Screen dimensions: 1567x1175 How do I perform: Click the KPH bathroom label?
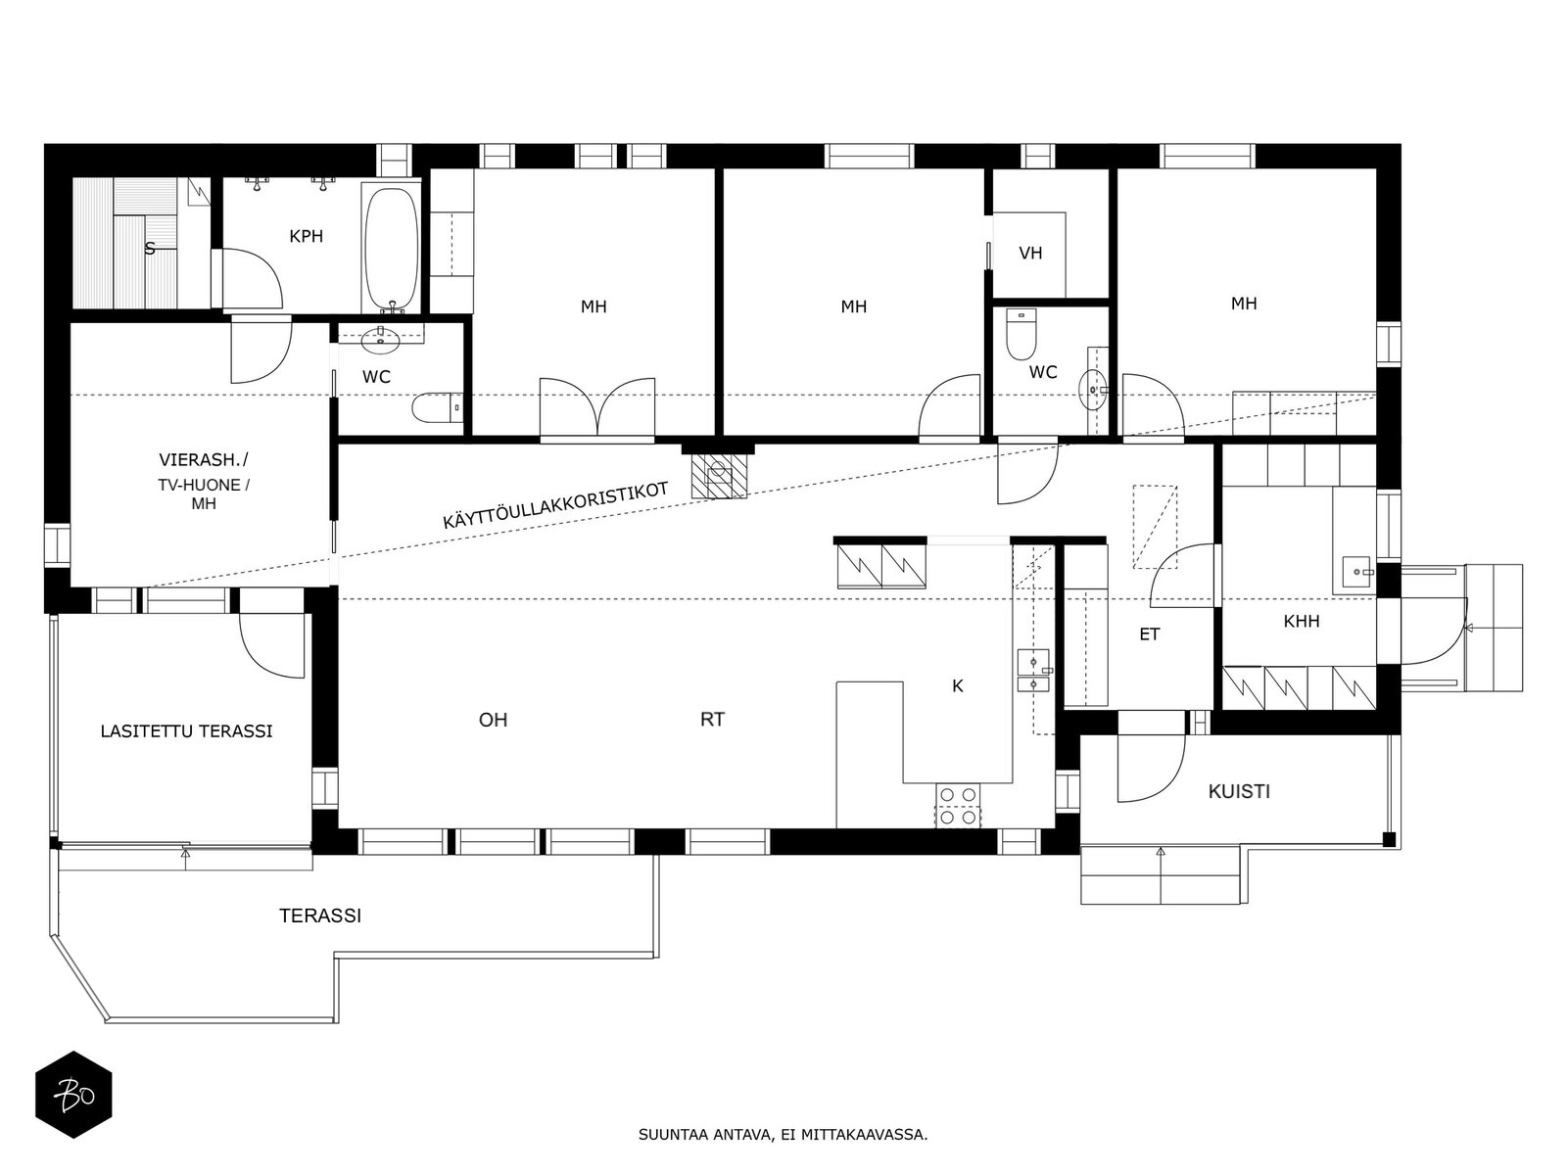click(307, 236)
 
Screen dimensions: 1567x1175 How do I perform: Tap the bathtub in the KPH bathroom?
click(391, 249)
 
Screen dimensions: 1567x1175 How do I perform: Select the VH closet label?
click(1030, 254)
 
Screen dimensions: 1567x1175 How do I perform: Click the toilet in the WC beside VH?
click(1021, 335)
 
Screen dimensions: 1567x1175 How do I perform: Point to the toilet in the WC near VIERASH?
click(437, 407)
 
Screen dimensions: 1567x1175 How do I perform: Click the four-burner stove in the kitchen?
click(958, 806)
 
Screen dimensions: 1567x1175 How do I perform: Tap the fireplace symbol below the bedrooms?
click(719, 477)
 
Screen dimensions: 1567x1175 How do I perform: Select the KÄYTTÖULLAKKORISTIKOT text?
click(555, 505)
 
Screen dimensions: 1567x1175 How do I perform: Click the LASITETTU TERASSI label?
click(186, 731)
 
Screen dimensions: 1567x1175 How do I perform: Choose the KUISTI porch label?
click(1239, 791)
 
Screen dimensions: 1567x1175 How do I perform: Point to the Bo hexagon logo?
click(73, 1095)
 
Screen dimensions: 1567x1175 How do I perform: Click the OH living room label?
click(494, 720)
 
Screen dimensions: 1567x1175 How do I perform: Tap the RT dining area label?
click(712, 720)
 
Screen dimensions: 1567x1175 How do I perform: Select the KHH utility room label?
click(1302, 622)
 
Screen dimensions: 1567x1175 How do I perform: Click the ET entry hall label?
click(1150, 634)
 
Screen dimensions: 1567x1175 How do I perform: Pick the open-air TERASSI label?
click(320, 916)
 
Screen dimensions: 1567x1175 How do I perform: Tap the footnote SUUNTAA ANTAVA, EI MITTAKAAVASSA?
click(783, 1134)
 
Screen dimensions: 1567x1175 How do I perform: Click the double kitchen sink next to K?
click(1033, 671)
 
